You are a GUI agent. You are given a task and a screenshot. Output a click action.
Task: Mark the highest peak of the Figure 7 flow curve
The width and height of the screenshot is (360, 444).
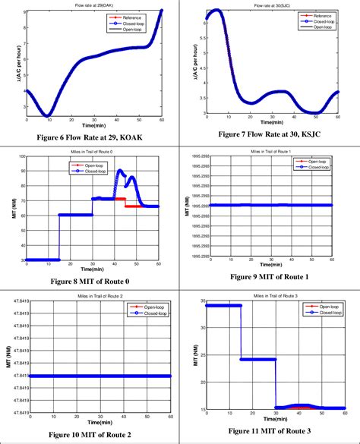[216, 11]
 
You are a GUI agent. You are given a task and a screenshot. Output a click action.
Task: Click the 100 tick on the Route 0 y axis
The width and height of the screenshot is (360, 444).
[21, 156]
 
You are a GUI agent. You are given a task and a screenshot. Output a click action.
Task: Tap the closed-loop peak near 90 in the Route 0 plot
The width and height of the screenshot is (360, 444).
[120, 172]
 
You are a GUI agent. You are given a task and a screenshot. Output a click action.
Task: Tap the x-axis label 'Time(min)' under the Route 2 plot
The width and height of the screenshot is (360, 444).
[99, 421]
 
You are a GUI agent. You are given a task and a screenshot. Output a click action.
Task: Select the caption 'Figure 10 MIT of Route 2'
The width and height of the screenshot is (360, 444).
[94, 433]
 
